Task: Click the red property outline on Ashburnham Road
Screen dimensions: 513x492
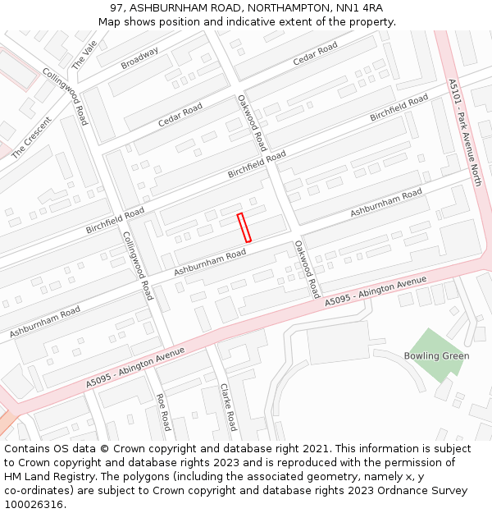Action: (244, 227)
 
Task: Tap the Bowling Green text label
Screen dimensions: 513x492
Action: (436, 356)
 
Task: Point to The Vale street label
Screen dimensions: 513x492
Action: (84, 54)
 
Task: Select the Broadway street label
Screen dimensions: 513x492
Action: (139, 57)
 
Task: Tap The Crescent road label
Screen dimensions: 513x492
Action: (31, 137)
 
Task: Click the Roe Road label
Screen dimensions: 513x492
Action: (162, 412)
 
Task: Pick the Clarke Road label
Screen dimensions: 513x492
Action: (228, 407)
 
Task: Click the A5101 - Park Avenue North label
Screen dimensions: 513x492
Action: (464, 132)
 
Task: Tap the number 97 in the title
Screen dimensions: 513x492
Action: (116, 8)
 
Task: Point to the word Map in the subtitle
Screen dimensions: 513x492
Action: (111, 21)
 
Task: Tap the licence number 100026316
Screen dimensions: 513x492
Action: (34, 505)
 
